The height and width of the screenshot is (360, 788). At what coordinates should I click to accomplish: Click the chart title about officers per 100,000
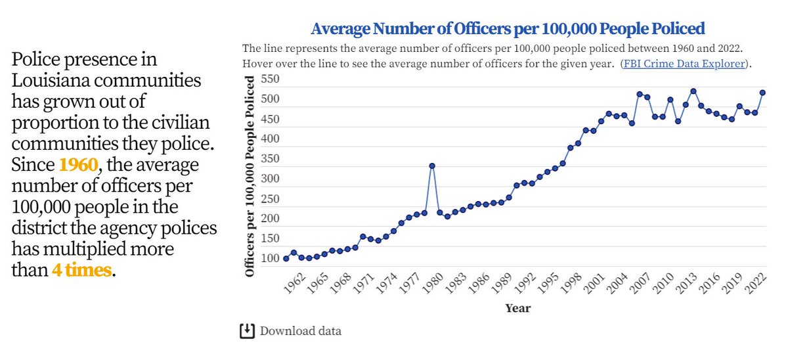pos(507,29)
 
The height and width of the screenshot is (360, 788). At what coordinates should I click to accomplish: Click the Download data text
pos(300,330)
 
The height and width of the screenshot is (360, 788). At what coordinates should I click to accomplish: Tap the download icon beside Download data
pos(247,330)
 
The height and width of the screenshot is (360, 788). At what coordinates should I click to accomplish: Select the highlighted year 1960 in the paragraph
pos(78,164)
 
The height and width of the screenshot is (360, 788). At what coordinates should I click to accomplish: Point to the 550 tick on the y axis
pos(271,79)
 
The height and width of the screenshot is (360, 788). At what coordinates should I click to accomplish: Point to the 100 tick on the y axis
pos(271,258)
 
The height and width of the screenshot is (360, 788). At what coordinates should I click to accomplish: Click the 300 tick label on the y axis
pos(271,179)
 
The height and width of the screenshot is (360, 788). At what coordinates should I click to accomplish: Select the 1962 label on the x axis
pos(295,284)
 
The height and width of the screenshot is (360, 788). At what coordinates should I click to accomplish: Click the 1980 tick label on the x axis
pos(433,284)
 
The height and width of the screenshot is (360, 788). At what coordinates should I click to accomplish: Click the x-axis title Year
pos(518,308)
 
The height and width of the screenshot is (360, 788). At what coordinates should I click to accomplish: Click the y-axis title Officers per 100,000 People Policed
pos(250,176)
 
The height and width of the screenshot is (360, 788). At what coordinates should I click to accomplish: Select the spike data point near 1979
pos(432,166)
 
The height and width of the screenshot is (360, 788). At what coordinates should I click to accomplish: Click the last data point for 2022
pos(763,93)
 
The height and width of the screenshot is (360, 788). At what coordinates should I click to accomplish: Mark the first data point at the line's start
pos(286,259)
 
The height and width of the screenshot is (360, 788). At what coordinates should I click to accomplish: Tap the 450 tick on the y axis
pos(271,120)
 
